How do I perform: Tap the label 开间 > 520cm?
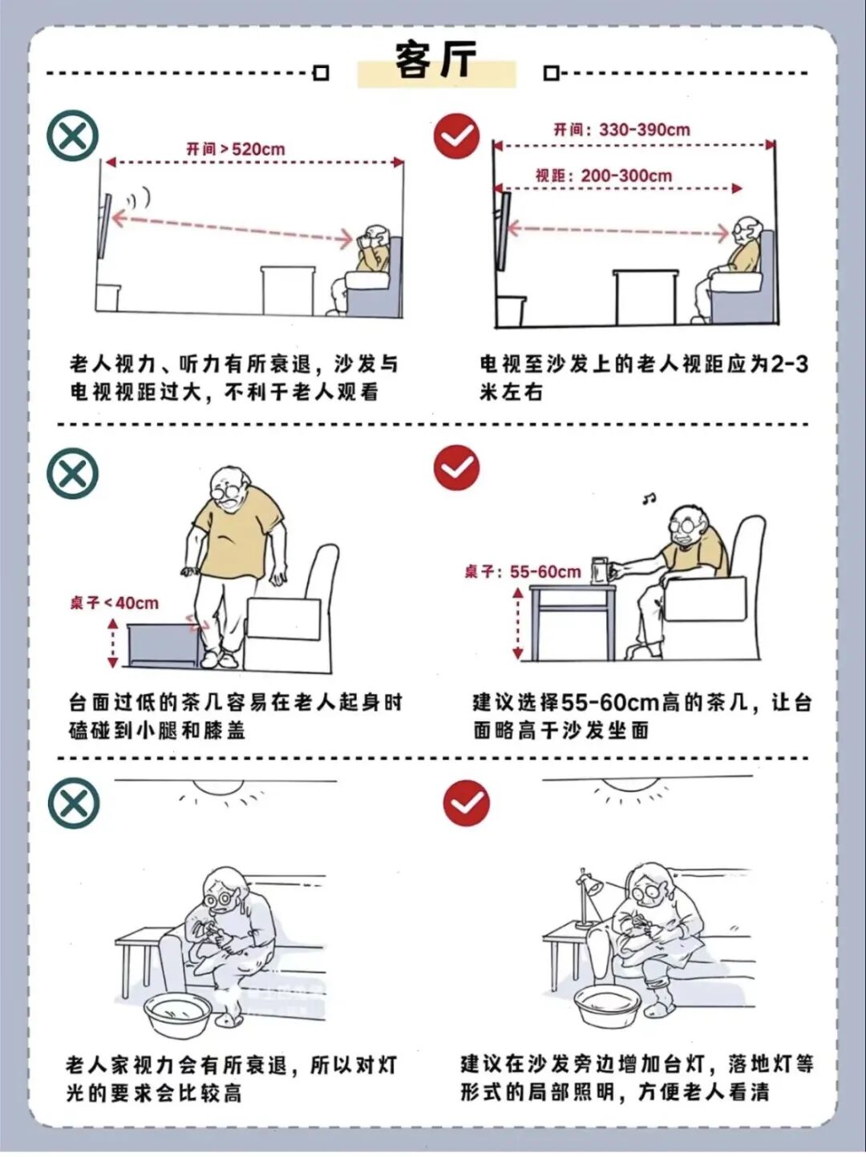235,149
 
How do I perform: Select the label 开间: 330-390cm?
621,130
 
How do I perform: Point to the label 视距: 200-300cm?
604,175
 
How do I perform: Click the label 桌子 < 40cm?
114,603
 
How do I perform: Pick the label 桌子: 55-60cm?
523,571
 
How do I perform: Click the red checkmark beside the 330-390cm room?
457,135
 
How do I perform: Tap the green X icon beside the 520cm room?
73,136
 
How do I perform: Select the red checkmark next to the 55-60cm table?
457,468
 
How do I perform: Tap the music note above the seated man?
649,498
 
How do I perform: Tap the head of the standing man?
230,485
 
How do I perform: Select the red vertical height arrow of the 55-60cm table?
519,625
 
